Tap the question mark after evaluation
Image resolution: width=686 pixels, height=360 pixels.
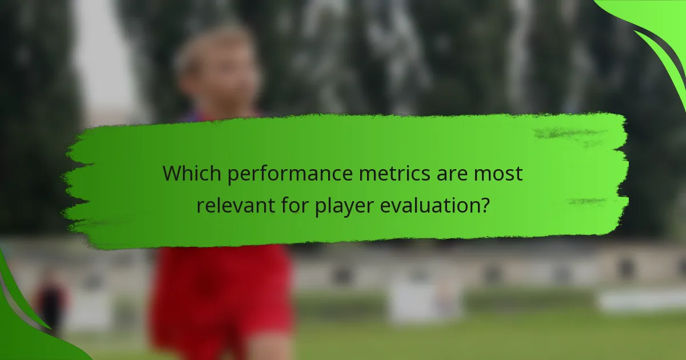tap(484, 204)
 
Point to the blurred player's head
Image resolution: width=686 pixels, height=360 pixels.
tap(216, 66)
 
